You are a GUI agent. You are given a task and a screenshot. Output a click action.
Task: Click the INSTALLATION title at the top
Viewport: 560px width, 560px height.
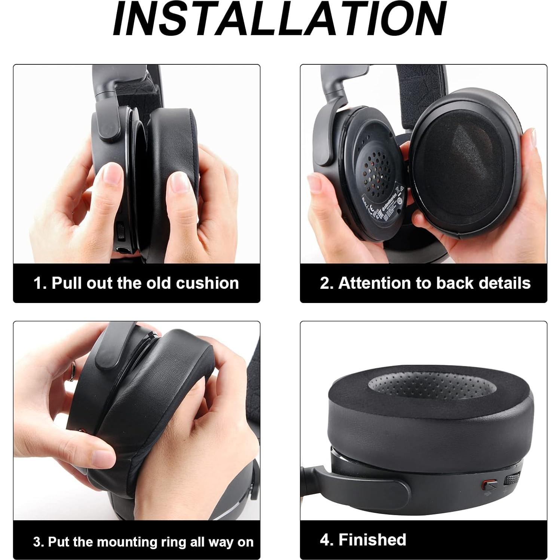(279, 19)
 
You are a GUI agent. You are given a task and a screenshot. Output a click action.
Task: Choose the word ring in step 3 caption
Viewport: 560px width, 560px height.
(175, 541)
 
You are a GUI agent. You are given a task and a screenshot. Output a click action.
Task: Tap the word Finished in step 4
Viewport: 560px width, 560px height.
(372, 539)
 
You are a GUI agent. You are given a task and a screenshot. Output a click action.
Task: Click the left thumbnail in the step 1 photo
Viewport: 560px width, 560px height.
(112, 173)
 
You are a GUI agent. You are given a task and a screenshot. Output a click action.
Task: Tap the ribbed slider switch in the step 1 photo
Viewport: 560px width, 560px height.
(120, 232)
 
